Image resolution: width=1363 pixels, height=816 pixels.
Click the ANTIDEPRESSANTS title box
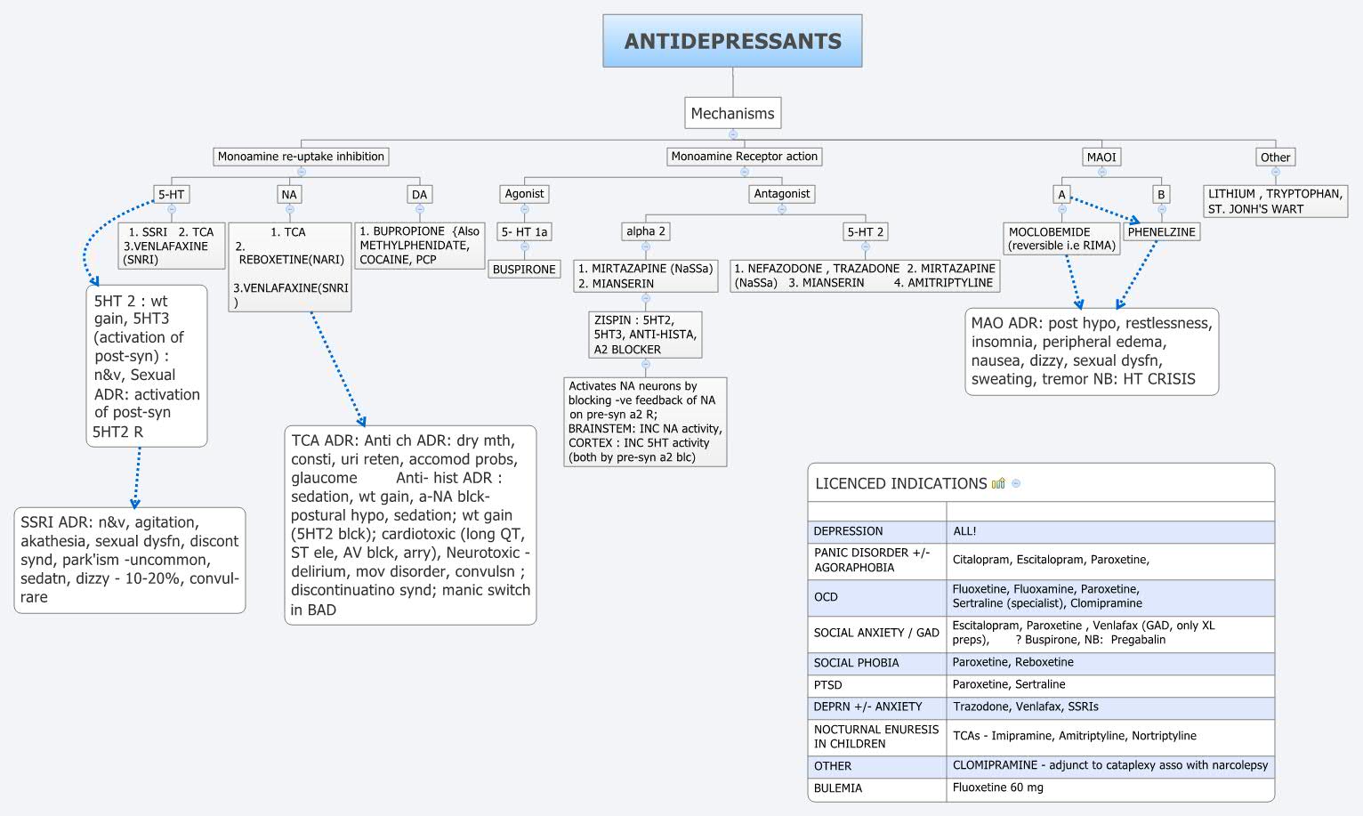732,41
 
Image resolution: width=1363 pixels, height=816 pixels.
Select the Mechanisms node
732,113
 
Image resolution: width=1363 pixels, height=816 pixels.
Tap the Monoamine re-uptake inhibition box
301,157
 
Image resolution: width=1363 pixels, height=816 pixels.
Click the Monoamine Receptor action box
744,157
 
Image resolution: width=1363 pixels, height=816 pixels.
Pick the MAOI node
1101,158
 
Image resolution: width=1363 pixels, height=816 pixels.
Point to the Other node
1274,158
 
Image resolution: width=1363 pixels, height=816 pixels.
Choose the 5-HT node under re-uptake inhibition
171,195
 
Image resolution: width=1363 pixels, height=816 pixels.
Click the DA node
419,195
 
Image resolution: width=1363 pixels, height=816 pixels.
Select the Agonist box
524,194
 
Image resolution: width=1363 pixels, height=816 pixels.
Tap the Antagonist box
781,194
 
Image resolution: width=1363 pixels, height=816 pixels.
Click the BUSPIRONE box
524,270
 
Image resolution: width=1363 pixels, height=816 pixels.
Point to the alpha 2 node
645,231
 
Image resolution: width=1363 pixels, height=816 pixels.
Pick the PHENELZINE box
1161,231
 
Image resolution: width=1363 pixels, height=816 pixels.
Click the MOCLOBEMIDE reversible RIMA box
1061,238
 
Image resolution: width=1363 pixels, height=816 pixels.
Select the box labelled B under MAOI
1160,194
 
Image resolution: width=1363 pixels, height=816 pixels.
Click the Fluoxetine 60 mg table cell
998,788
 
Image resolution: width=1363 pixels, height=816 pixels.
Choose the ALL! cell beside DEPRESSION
964,531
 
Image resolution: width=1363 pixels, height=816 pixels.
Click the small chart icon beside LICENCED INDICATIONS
998,484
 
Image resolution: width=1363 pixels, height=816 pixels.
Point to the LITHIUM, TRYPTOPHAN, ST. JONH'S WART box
1274,201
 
